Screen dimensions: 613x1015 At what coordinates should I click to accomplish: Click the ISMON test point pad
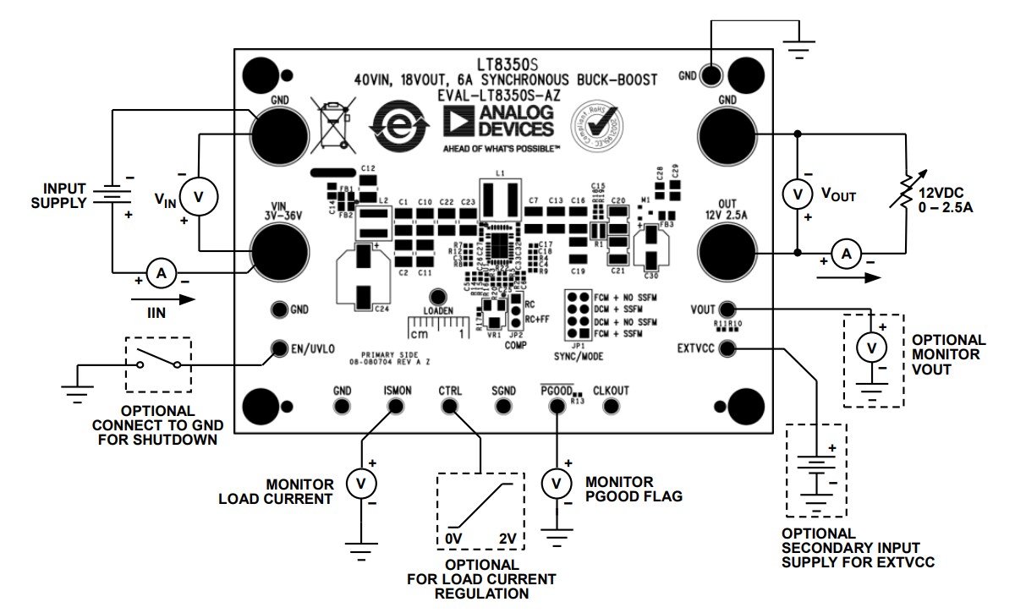pos(395,407)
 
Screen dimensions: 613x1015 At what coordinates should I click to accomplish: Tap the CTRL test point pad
pos(449,407)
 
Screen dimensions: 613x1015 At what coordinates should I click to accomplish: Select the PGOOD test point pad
pos(557,407)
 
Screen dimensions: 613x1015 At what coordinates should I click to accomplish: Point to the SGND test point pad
pos(503,407)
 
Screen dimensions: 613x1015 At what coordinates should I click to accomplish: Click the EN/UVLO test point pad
pos(277,348)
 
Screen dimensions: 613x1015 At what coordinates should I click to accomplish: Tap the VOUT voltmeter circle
pos(796,194)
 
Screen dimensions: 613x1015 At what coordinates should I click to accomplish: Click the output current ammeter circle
pos(846,253)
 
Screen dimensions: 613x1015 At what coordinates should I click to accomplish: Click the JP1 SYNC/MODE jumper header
pos(579,315)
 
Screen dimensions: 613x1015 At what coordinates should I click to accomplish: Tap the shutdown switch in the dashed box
pos(158,364)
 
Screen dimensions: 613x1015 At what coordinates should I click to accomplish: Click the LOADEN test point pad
pos(437,297)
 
